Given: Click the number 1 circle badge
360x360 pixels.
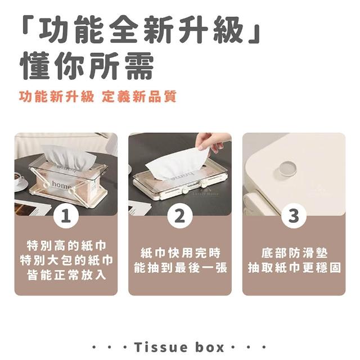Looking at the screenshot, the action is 66,216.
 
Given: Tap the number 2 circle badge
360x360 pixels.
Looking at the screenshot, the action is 180,216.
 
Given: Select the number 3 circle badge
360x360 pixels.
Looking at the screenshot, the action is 294,216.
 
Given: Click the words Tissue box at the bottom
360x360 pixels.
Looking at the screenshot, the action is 179,347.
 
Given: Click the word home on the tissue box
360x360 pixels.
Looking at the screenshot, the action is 61,184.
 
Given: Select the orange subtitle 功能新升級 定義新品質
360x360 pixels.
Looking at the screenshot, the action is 98,96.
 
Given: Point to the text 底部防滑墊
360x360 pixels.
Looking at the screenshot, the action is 294,253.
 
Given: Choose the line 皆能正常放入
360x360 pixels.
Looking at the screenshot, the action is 66,275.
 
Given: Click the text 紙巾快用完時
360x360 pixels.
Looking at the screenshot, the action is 180,253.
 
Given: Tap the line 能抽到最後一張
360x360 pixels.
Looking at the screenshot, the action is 180,268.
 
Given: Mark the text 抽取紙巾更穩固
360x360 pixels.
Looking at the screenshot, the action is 294,268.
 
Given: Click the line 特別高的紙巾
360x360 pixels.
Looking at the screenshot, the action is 66,245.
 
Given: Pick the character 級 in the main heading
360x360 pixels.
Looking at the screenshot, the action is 228,30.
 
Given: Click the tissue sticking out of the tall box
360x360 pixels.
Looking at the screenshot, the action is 69,157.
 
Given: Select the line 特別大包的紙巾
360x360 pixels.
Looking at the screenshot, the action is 66,260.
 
